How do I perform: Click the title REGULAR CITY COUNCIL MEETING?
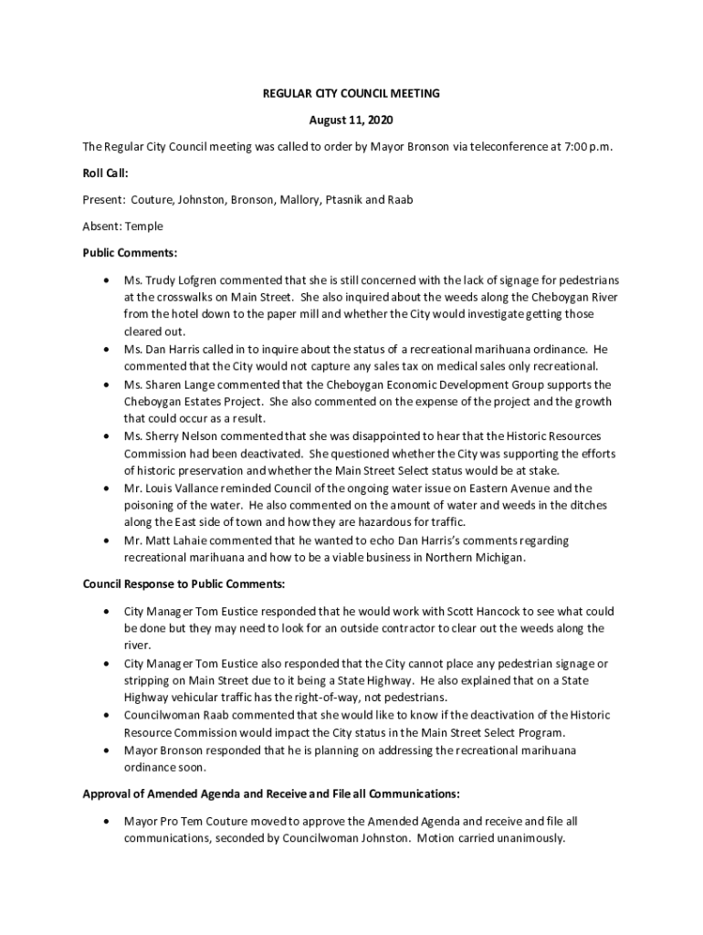(x=351, y=93)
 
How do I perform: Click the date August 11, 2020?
(x=351, y=120)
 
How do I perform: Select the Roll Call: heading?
(x=105, y=173)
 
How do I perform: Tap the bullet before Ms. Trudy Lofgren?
(x=109, y=279)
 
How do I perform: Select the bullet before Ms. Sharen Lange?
(x=109, y=385)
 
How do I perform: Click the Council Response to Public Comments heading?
(x=184, y=583)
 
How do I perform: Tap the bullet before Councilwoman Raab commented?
(x=109, y=716)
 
